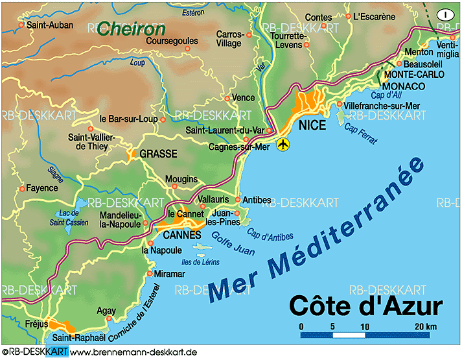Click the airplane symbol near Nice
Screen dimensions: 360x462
[283, 144]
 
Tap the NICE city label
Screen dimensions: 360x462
[314, 125]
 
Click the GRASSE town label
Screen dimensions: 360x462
[158, 155]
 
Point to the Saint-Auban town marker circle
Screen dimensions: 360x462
[21, 25]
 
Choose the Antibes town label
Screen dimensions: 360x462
[256, 200]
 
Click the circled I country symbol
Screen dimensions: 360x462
[445, 14]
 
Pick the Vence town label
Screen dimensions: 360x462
[244, 98]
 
